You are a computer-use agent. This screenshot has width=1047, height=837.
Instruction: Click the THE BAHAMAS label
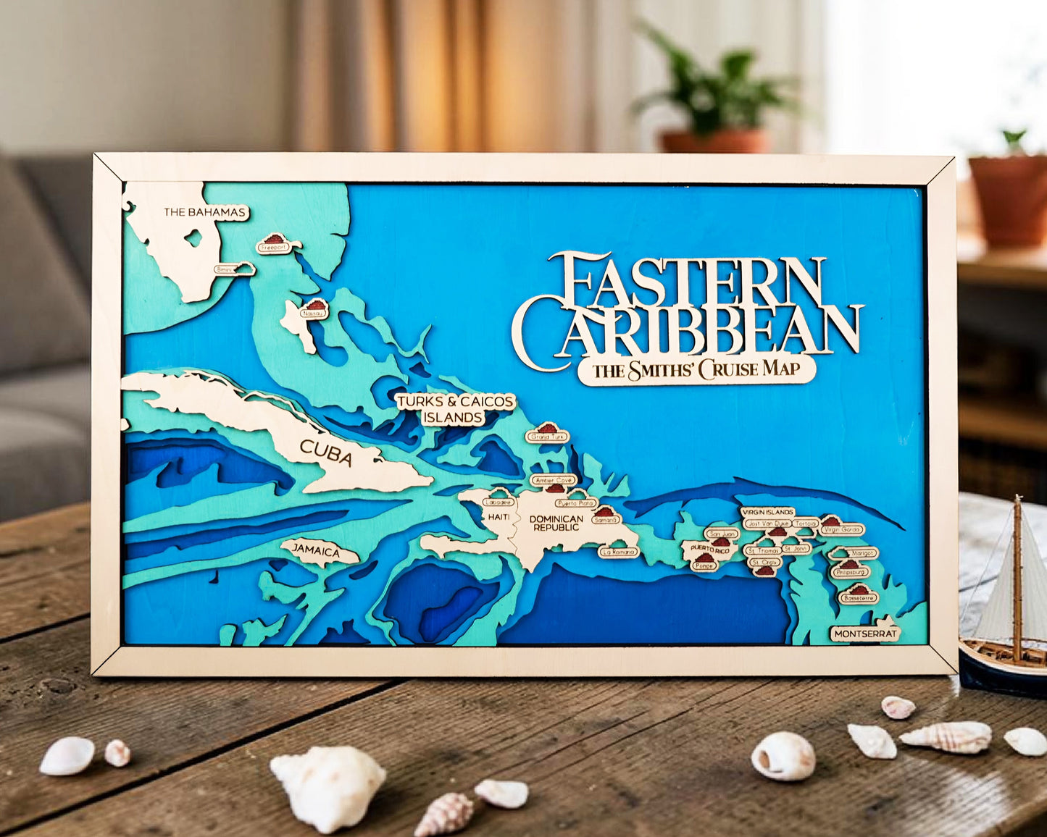(x=206, y=212)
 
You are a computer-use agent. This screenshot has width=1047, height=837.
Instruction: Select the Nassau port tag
(x=313, y=313)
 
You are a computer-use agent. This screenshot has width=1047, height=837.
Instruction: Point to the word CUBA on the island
(x=326, y=453)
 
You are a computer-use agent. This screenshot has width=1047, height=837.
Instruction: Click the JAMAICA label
(x=317, y=551)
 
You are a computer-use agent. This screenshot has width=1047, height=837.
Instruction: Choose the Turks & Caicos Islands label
(x=454, y=410)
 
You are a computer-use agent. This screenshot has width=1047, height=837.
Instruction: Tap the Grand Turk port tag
(x=547, y=436)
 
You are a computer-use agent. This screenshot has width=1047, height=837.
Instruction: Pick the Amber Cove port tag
(x=553, y=480)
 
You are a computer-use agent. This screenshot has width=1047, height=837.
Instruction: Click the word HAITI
(x=499, y=517)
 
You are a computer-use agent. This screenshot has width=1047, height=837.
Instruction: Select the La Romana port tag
(x=618, y=552)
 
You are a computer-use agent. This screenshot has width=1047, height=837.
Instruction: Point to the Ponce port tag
(x=704, y=565)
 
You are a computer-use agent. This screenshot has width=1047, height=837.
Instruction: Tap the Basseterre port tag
(x=859, y=598)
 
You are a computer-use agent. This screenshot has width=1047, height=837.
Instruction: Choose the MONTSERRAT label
(x=865, y=634)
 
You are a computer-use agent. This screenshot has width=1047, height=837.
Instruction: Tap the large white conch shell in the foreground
(x=328, y=785)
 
